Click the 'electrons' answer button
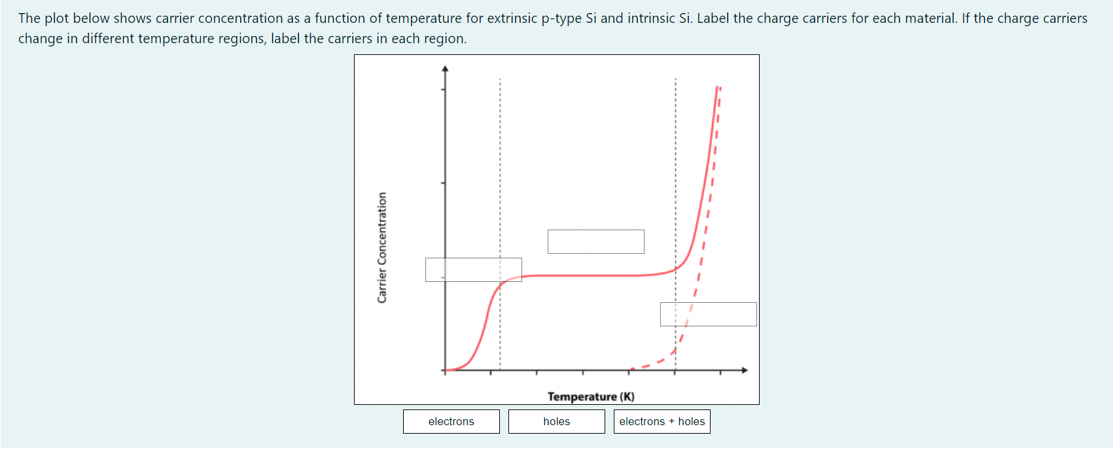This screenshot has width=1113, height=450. tap(451, 421)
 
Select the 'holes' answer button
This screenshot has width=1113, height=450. tap(557, 421)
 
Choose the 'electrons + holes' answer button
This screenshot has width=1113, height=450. tap(662, 421)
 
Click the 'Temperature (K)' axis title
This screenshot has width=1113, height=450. tap(591, 396)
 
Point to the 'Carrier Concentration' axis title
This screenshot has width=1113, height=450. tap(382, 247)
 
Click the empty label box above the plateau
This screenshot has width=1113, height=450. tap(596, 241)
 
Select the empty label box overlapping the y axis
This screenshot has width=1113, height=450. tap(474, 269)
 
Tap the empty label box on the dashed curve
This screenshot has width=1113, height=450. tap(709, 314)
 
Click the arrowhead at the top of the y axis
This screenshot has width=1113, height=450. tap(446, 68)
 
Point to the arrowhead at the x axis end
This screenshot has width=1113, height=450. tap(744, 370)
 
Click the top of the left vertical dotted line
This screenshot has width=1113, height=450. tap(500, 80)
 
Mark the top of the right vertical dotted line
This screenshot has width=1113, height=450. tap(676, 80)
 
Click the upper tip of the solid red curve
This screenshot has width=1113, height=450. tap(717, 87)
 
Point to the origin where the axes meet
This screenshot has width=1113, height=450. tap(446, 370)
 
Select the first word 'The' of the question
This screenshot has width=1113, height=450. tap(29, 18)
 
